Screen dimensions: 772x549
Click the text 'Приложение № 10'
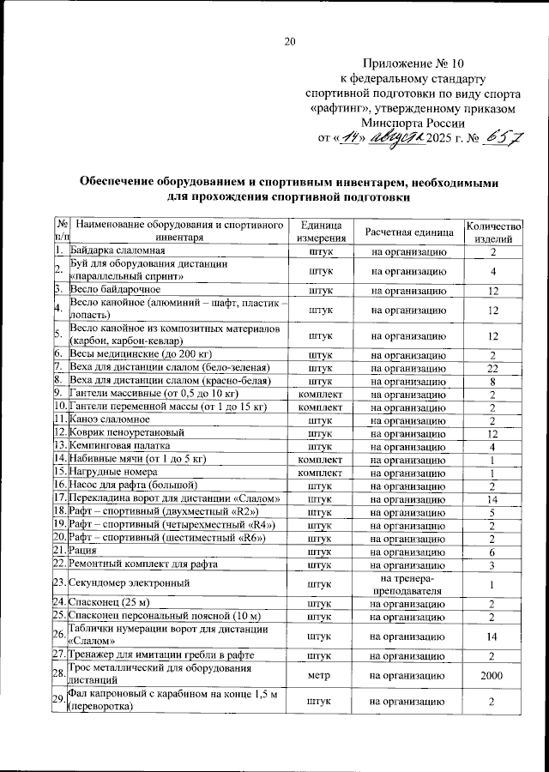coord(413,64)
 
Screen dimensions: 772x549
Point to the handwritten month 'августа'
coord(396,137)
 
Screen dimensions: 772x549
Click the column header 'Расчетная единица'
coord(408,232)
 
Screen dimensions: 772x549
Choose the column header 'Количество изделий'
coord(492,231)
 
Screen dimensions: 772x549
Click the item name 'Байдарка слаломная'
coord(117,251)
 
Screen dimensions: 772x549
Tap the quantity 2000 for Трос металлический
coord(492,676)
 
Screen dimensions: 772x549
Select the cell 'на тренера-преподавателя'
coord(408,583)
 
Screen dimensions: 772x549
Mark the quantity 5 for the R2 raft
coord(492,513)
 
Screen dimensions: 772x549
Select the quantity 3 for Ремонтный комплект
coord(492,564)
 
